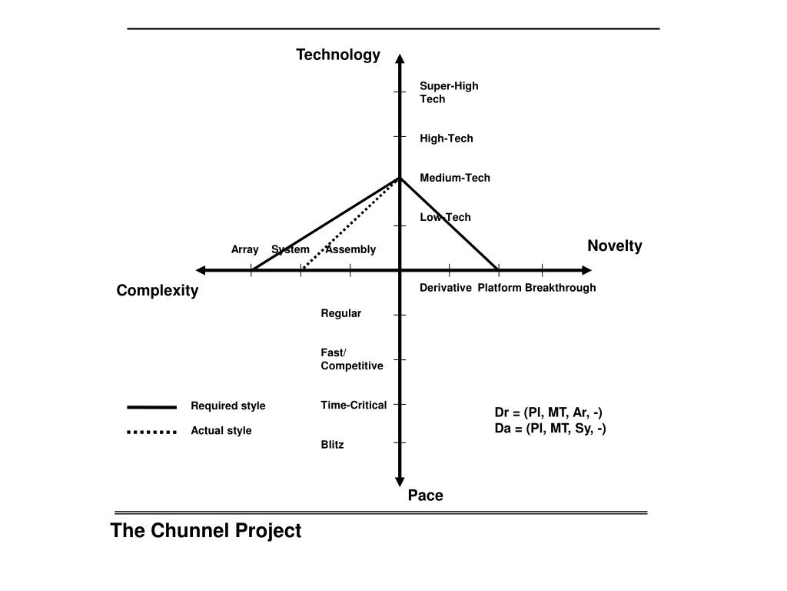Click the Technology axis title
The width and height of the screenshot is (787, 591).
tap(338, 55)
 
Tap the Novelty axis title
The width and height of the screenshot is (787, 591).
tap(614, 245)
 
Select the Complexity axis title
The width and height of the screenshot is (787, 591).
tap(158, 290)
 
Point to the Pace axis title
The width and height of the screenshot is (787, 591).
tap(425, 496)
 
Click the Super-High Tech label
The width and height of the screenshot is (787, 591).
tap(449, 92)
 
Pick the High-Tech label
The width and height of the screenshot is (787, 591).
tap(447, 139)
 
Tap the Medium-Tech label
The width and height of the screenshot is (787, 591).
tap(455, 178)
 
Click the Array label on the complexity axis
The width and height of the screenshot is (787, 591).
tap(244, 249)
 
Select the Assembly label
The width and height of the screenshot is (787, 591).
tap(351, 249)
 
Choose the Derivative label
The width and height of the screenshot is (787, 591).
tap(446, 288)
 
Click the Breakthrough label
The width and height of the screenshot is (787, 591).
tap(560, 288)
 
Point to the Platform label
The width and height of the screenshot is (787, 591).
tap(500, 288)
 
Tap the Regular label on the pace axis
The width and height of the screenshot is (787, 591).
tap(341, 313)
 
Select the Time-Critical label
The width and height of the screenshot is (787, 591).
tap(354, 405)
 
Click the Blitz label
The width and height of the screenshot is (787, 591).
tap(333, 445)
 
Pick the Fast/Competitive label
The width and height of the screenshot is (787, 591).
tap(351, 359)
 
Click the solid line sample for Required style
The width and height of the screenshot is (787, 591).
tap(152, 406)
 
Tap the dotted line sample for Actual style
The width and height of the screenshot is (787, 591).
tap(152, 432)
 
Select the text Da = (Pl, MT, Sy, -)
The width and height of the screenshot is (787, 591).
tap(550, 428)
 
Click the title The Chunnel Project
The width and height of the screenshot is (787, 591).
tap(206, 531)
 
